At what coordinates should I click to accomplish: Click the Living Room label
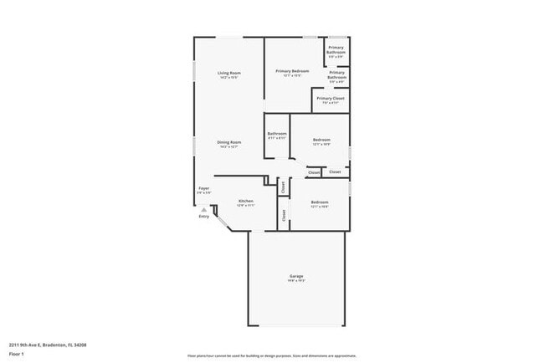229,72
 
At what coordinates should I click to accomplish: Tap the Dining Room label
229,141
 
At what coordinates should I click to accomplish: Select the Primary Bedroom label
292,71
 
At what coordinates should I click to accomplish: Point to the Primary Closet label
330,98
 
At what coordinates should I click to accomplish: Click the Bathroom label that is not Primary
277,133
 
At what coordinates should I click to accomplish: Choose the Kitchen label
246,201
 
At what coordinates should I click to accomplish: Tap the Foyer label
203,188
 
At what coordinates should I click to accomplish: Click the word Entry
203,217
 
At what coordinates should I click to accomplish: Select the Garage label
296,276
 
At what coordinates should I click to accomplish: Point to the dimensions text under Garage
296,281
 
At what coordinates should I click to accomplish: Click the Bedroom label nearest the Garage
320,202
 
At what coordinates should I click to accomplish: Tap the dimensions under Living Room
229,77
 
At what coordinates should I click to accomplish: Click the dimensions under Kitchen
246,206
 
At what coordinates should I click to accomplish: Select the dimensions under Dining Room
229,146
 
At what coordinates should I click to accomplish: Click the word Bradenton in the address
59,345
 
